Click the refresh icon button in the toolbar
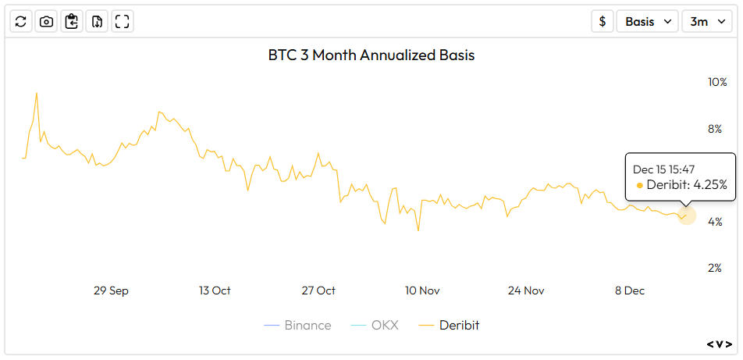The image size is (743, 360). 21,22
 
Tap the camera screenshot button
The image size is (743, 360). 46,22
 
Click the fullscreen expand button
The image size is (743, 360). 122,22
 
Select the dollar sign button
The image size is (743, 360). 602,22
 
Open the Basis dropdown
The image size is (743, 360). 647,22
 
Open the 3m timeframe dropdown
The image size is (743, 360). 706,22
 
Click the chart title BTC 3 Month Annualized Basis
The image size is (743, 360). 371,55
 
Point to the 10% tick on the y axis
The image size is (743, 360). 716,83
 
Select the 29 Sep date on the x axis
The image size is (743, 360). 111,290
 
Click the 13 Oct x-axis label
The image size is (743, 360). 215,290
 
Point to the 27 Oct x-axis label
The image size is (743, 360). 318,290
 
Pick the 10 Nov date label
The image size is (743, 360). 422,290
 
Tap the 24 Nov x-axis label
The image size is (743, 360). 526,290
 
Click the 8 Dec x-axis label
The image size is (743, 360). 629,290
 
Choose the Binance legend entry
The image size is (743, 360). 298,326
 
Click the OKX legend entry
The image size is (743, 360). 375,326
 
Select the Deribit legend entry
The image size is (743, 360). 450,326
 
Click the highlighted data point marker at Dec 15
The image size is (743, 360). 686,215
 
